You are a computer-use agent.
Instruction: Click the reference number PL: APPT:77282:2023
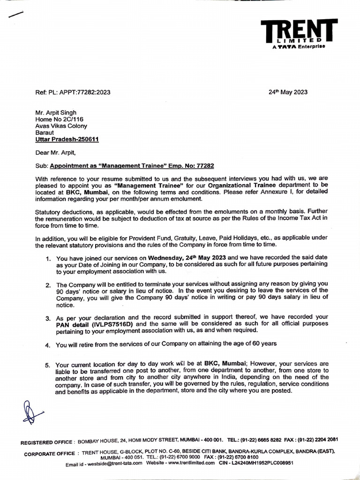click(x=79, y=92)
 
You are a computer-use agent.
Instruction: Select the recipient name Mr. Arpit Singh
click(x=56, y=112)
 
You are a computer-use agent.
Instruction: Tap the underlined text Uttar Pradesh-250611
click(x=67, y=139)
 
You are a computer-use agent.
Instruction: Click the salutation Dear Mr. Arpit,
click(x=58, y=152)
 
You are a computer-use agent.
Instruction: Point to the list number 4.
click(x=48, y=345)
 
